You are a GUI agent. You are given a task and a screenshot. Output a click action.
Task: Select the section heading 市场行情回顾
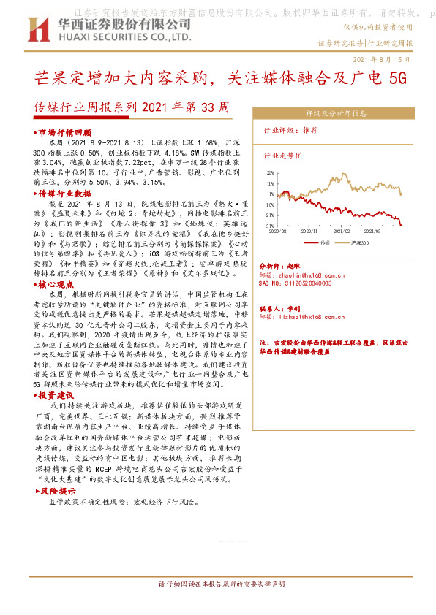point(64,133)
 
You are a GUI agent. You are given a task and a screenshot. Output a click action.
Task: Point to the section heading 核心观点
point(57,283)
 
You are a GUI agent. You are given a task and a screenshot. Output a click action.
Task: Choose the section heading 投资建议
point(57,394)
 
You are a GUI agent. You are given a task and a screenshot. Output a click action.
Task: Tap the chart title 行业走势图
point(282,156)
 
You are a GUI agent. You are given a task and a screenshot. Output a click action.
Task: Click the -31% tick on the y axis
point(269,226)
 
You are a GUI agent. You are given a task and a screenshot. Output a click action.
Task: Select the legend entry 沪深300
point(357,241)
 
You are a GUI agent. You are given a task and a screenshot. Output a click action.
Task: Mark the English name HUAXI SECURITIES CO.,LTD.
point(120,36)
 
